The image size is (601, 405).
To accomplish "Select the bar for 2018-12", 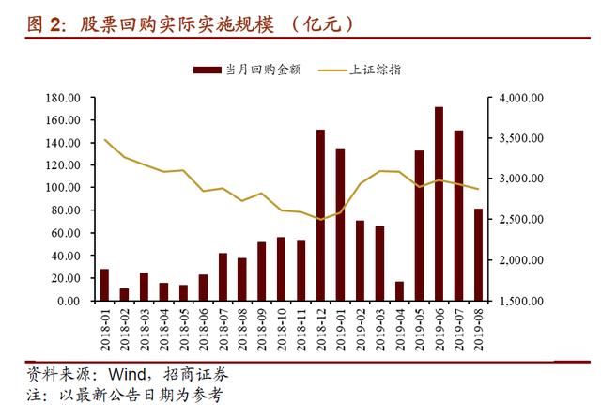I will (320, 215).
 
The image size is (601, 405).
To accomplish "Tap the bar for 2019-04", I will (399, 291).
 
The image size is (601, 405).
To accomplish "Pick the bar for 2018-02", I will (124, 295).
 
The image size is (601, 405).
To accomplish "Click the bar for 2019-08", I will (478, 255).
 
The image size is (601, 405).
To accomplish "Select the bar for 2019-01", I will (340, 225).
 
